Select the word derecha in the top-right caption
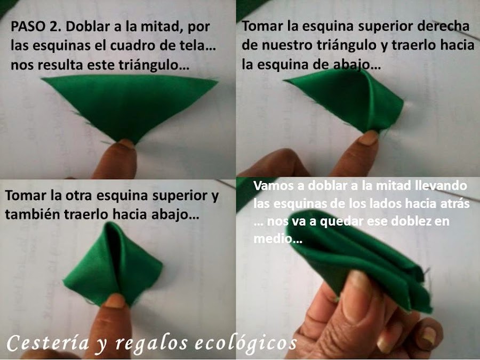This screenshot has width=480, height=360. point(443,26)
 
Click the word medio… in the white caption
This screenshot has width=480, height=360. point(278,238)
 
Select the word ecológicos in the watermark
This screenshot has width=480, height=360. point(246,343)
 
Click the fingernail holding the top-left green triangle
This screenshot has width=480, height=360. point(126,143)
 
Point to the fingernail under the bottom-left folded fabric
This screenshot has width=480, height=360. point(114,300)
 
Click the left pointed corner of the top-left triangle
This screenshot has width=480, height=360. point(42,79)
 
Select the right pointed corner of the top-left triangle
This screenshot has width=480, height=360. point(218,82)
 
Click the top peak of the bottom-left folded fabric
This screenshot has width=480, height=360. point(110,223)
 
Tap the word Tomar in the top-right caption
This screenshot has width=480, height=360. point(262,26)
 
